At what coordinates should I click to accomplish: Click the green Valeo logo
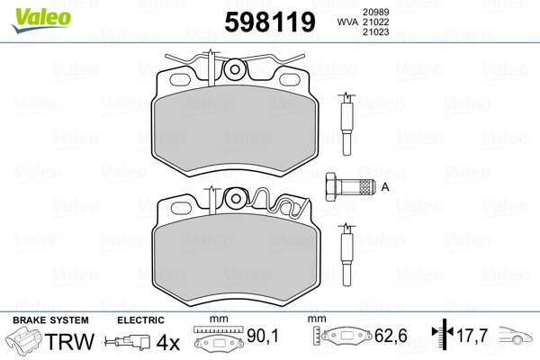point(41,20)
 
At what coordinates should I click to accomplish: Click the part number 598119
point(270,22)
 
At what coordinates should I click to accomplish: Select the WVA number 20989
point(375,12)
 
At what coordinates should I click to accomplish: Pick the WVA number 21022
point(375,22)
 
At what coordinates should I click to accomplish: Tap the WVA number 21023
point(375,32)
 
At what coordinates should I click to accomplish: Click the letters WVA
point(347,22)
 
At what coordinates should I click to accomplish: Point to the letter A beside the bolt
point(385,187)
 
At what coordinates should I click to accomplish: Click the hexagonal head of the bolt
point(331,186)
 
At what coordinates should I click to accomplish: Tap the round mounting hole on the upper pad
point(235,69)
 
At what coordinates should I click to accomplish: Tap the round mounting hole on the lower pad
point(236,199)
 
